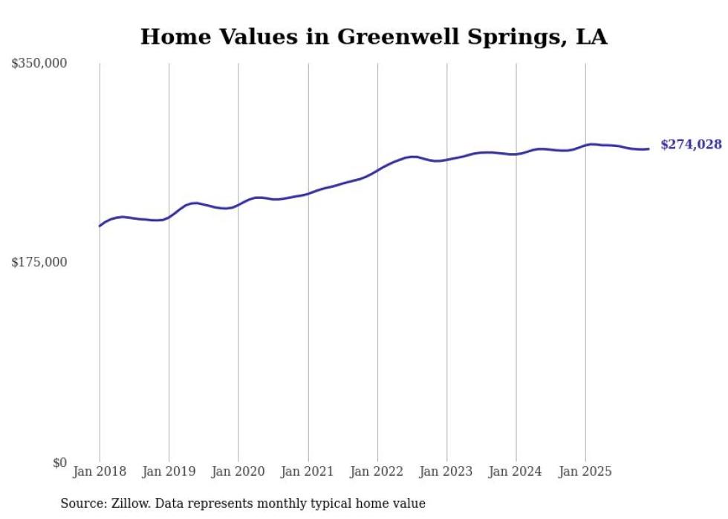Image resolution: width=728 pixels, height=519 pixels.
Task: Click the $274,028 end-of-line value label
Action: [x=691, y=145]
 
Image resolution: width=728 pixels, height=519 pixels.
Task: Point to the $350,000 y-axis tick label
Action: [x=39, y=64]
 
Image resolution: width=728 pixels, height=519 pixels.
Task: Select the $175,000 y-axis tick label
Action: [x=39, y=262]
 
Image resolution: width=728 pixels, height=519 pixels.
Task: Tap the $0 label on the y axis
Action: [x=59, y=463]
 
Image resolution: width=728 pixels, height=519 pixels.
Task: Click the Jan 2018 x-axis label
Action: [x=100, y=471]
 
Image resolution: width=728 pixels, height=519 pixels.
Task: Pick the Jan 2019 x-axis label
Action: [x=169, y=471]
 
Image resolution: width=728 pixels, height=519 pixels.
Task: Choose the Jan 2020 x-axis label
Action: [x=238, y=471]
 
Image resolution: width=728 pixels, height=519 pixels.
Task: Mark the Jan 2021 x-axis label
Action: [x=308, y=471]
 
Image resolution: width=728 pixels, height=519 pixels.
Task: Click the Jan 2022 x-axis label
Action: [x=377, y=471]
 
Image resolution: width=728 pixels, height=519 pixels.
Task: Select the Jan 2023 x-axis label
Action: [x=446, y=471]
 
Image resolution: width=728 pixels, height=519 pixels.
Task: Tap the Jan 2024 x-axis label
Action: [x=516, y=471]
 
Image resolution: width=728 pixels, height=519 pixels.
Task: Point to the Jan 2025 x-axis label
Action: [x=585, y=471]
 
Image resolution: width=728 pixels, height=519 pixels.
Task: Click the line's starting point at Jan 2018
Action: [x=100, y=226]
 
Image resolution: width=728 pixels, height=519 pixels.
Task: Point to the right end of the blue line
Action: [x=649, y=149]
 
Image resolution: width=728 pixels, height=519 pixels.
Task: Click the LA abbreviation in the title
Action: [x=592, y=36]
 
